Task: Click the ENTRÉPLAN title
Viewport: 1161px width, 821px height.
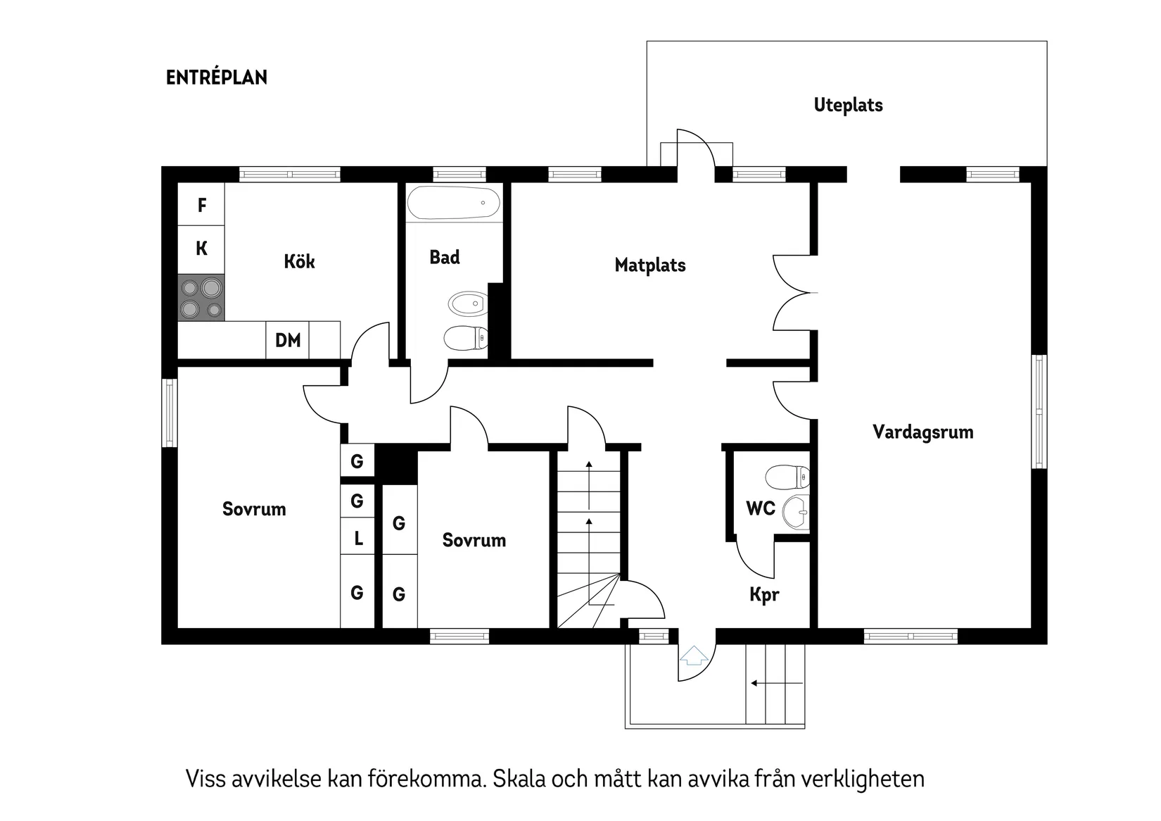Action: [x=217, y=77]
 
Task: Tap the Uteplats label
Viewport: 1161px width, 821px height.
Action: [x=848, y=105]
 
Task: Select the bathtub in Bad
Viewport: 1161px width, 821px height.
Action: [x=453, y=203]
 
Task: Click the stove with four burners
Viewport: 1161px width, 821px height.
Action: [x=201, y=298]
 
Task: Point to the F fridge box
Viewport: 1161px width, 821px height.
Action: [x=201, y=205]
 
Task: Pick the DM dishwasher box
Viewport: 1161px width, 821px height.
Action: [x=287, y=341]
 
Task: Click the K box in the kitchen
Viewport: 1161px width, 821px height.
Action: [x=201, y=249]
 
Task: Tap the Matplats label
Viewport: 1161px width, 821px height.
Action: [x=649, y=265]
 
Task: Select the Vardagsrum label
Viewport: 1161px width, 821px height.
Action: [x=922, y=432]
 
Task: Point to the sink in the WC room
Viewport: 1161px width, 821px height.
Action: [x=798, y=512]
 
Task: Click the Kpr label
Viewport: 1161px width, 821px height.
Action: [x=764, y=595]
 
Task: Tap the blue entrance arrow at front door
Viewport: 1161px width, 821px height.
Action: [x=694, y=656]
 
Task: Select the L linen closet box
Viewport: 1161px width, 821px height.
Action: [x=358, y=539]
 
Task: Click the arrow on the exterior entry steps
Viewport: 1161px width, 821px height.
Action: [x=775, y=683]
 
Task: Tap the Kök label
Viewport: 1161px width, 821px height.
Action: [x=299, y=262]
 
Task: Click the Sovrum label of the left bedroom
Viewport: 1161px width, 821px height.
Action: [x=254, y=509]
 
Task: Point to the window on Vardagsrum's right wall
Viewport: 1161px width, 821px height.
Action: [x=1039, y=411]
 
